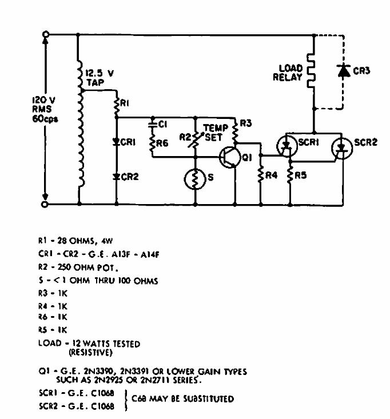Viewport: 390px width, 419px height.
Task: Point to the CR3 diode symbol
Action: point(343,71)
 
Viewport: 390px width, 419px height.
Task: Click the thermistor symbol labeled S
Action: point(196,177)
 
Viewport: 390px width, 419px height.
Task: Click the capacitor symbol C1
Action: point(153,122)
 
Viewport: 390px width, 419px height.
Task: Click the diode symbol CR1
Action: point(116,139)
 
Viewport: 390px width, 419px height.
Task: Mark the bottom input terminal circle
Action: point(45,203)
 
